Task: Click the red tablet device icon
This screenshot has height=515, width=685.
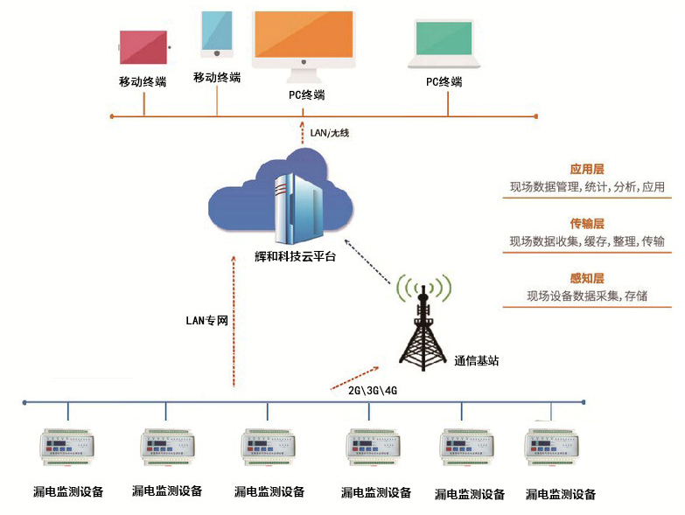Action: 143,46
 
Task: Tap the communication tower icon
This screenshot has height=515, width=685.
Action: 424,324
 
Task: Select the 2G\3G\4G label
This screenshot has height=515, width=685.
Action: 373,390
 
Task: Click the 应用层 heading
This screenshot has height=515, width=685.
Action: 587,169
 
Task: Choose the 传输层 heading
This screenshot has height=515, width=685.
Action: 587,224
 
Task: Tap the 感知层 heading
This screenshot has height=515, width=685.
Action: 587,278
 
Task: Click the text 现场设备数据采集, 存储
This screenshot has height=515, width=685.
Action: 587,296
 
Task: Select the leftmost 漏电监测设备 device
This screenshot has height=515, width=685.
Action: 67,447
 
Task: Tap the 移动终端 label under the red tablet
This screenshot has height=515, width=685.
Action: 143,82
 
